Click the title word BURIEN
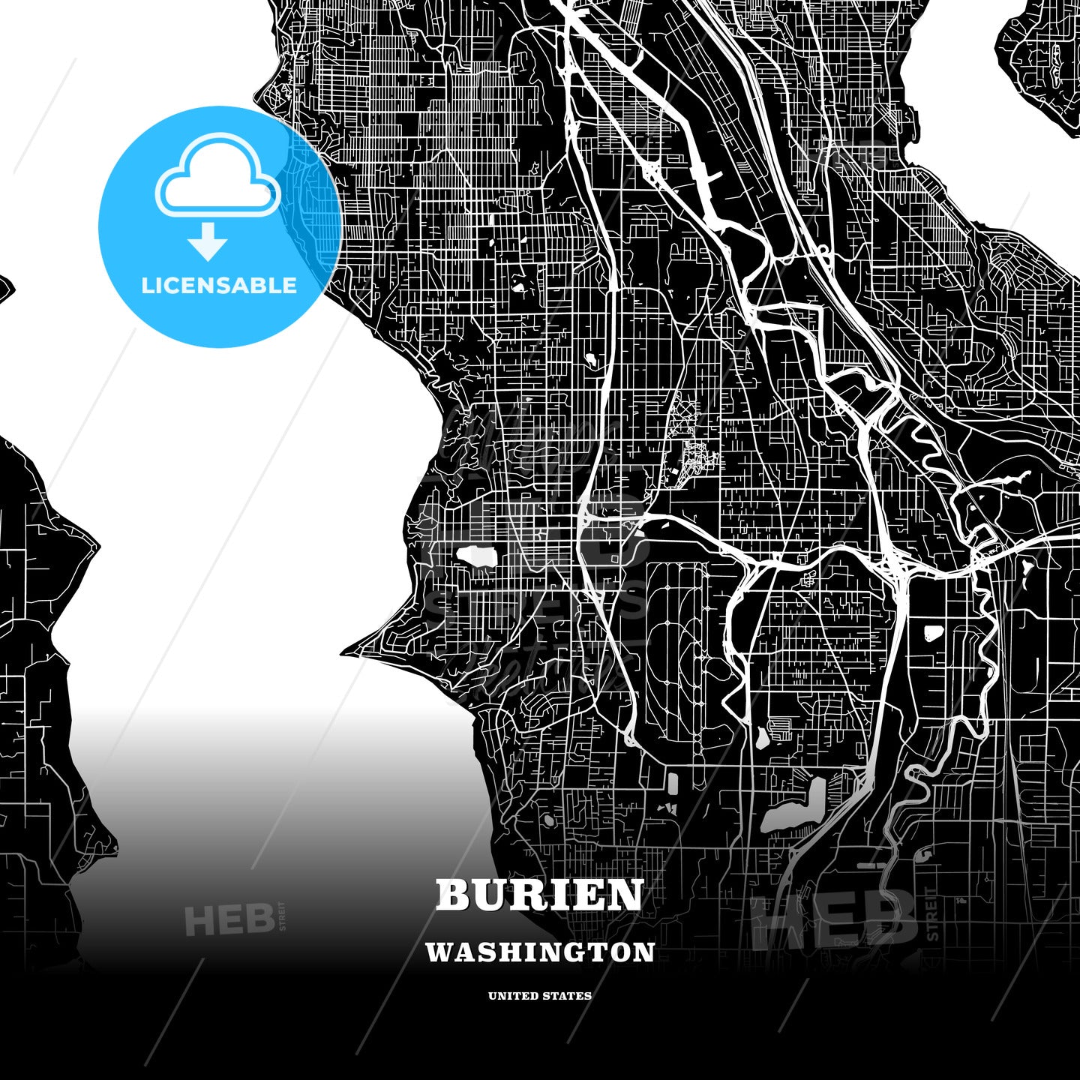tap(539, 895)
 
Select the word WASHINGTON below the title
tap(540, 952)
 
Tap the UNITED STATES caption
tap(540, 996)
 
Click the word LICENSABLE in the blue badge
tap(219, 286)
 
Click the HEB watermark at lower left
tap(228, 919)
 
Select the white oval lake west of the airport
tap(476, 557)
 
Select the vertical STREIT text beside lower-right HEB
tap(932, 913)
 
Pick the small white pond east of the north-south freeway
tap(934, 631)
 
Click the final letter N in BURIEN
tap(626, 895)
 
